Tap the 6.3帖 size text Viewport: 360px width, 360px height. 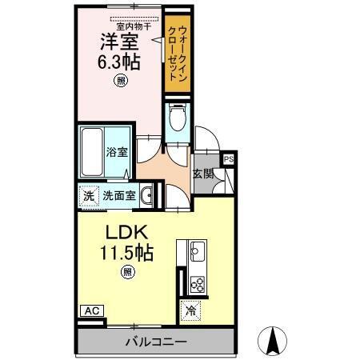[119, 62]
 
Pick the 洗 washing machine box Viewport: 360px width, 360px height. [87, 194]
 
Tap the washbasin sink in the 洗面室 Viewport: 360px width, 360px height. [146, 194]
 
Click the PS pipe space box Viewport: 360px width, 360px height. [229, 158]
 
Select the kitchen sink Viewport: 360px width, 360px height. [196, 255]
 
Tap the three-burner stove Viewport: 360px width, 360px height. [196, 283]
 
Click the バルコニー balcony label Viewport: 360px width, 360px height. [155, 342]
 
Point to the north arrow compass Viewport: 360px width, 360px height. [273, 342]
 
